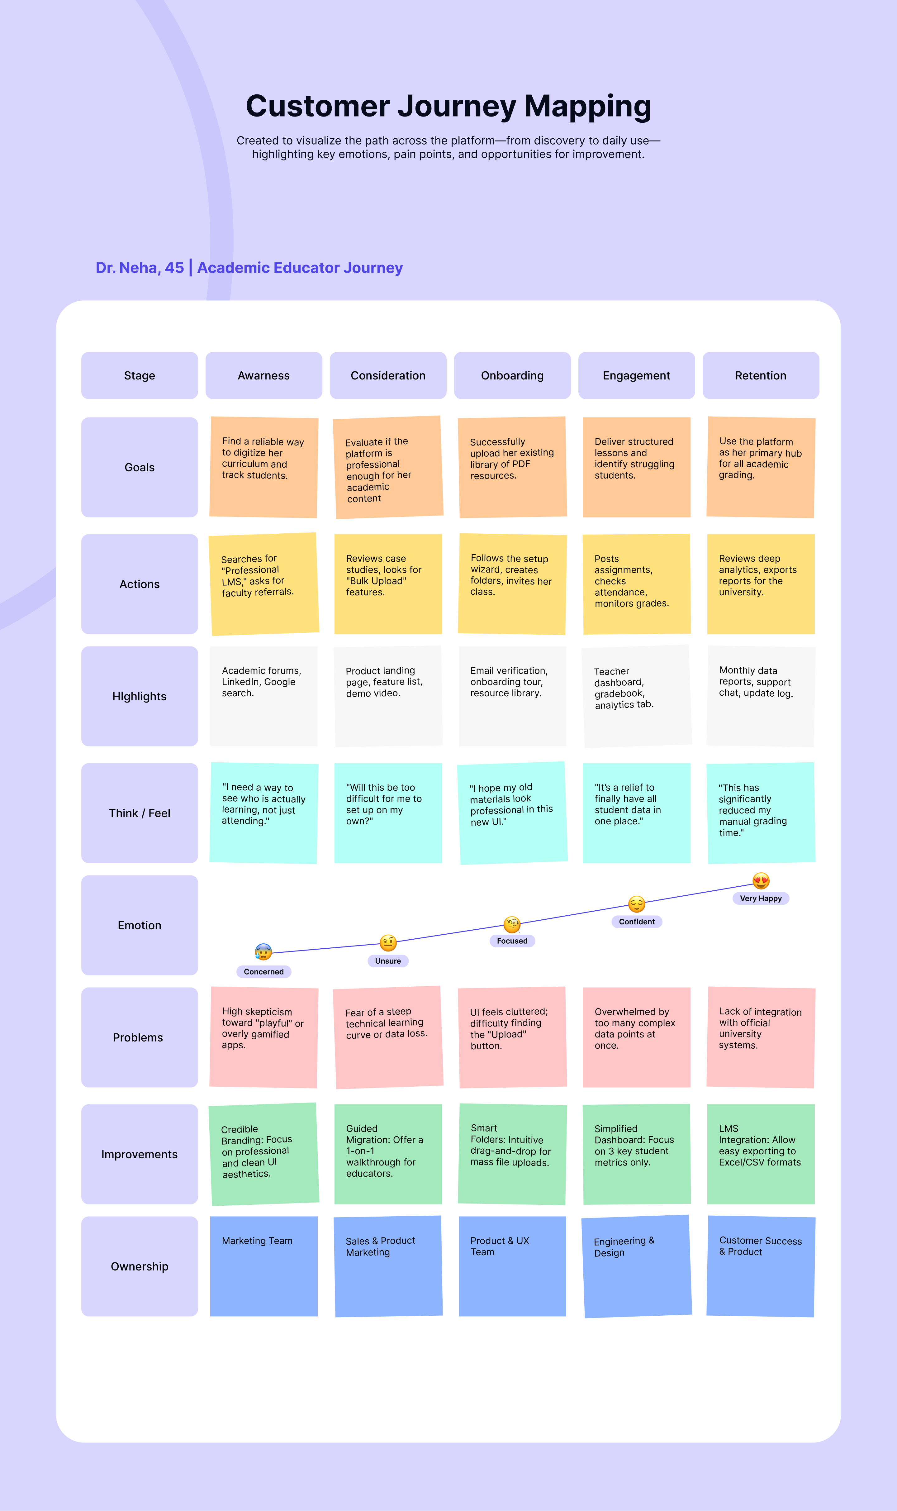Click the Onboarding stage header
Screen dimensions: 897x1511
512,375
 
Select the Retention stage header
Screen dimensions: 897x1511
760,375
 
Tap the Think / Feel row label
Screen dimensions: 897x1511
140,813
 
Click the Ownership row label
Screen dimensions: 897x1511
140,1266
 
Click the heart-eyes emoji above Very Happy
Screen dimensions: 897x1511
761,881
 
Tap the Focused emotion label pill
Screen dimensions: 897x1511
512,941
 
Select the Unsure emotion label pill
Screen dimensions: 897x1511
388,961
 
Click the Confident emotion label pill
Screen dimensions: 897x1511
637,922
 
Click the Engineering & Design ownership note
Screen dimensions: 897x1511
637,1266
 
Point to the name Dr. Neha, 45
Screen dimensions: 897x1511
140,268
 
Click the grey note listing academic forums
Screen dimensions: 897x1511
263,696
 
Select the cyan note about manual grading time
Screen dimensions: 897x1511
761,813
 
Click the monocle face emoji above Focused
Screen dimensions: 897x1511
512,924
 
